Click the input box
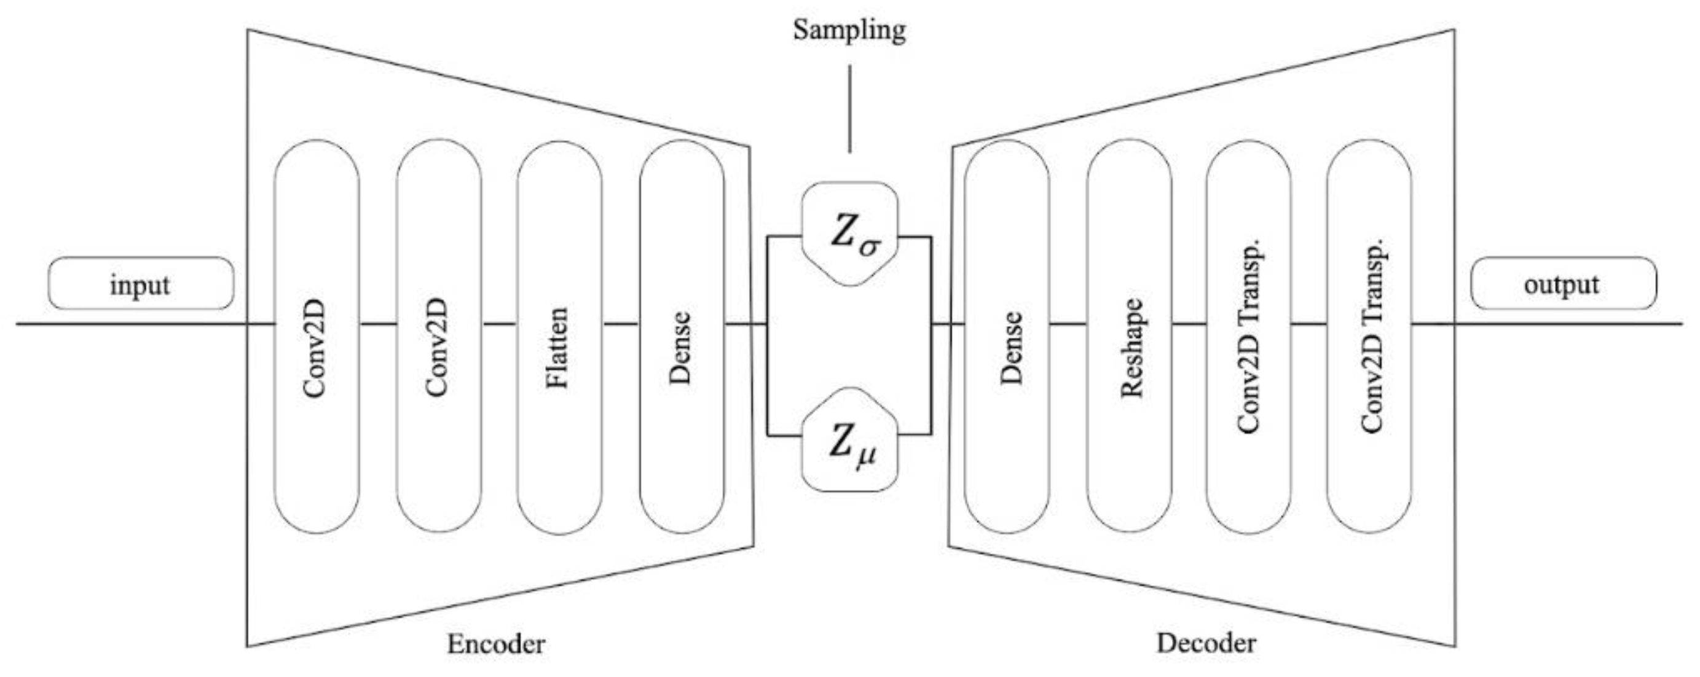[x=141, y=284]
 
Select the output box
[x=1564, y=284]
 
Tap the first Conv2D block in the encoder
[x=317, y=337]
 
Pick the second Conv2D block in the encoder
[x=439, y=337]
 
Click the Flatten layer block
[x=559, y=337]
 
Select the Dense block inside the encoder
[x=682, y=337]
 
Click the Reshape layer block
[x=1129, y=337]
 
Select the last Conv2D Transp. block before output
[x=1369, y=337]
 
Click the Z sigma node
[x=850, y=235]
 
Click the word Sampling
[x=849, y=30]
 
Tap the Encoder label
[x=496, y=644]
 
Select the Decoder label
[x=1206, y=643]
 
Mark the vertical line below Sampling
[x=849, y=109]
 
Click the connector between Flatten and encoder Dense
[x=620, y=324]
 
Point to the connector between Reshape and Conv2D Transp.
[x=1189, y=324]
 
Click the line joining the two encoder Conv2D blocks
[x=378, y=324]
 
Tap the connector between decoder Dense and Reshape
[x=1068, y=324]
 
